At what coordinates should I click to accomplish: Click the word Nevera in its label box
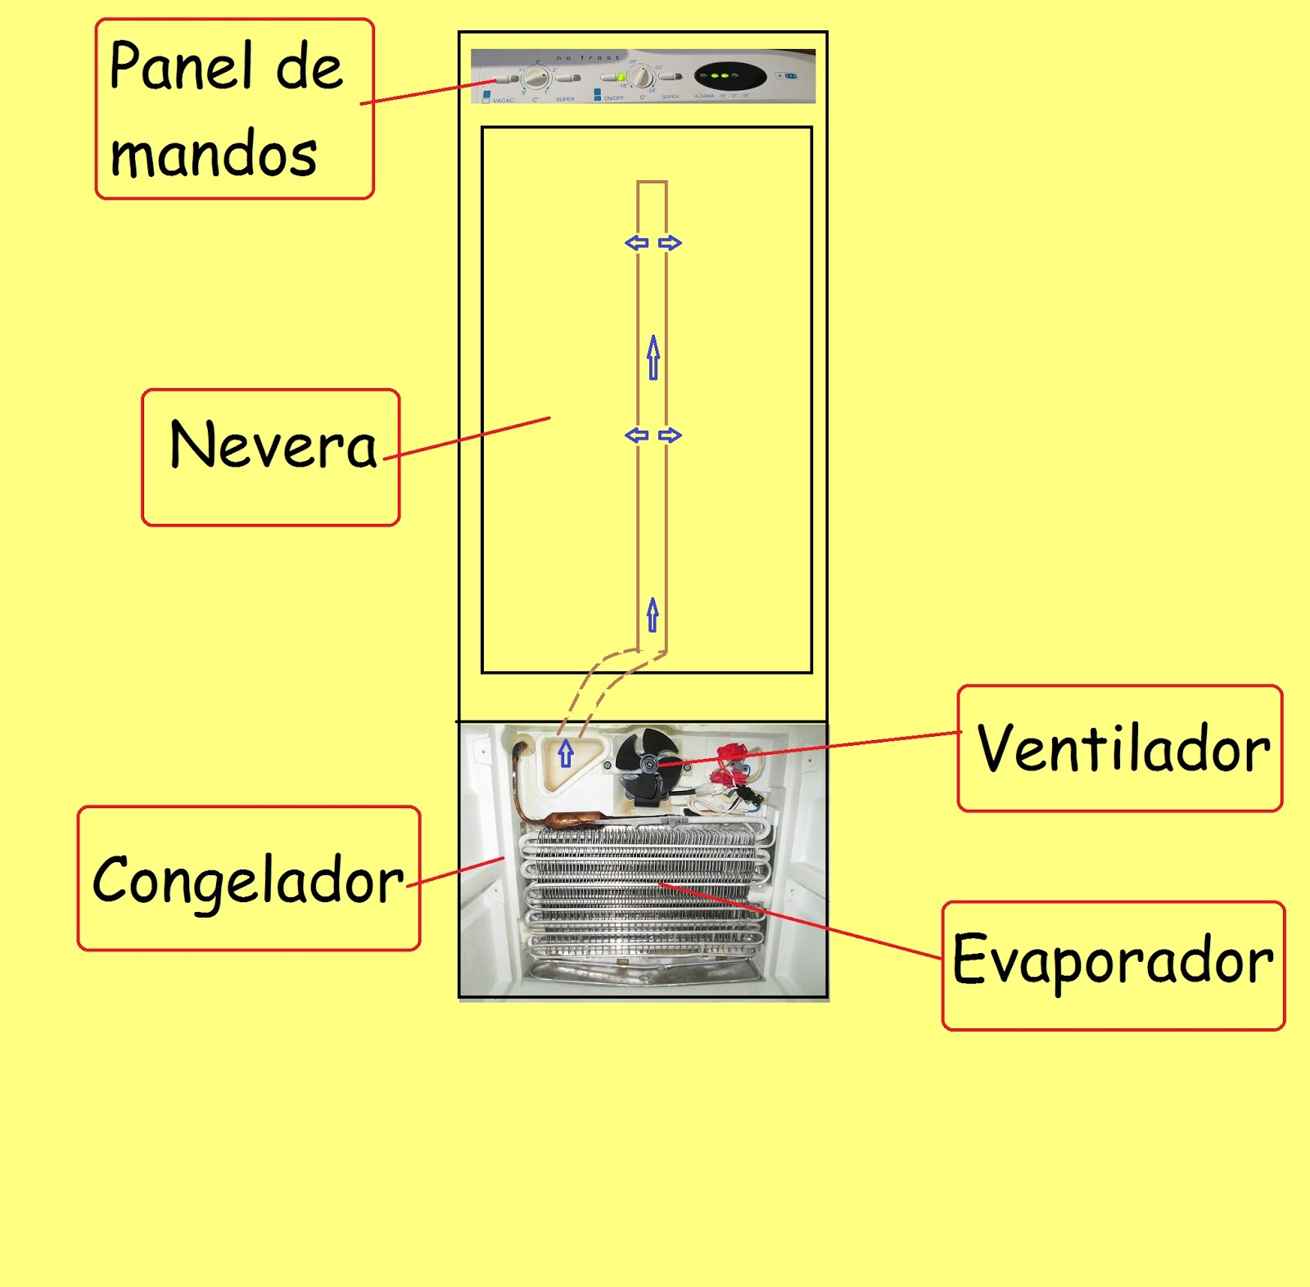tap(273, 445)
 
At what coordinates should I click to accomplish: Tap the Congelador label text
tap(248, 881)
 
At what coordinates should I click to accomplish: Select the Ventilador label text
tap(1123, 749)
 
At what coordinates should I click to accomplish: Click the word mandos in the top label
tap(213, 154)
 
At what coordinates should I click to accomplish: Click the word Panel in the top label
tap(180, 66)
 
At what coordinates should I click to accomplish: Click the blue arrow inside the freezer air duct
tap(566, 753)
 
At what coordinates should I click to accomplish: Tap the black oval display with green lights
tap(730, 77)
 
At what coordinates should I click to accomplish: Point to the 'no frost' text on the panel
tap(588, 58)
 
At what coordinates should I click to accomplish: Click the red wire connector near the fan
tap(731, 753)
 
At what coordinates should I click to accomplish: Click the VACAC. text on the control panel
tap(504, 100)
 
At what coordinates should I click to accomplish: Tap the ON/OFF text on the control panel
tap(613, 98)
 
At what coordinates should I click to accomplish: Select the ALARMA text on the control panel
tap(704, 97)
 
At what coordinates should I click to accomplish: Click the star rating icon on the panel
tap(787, 76)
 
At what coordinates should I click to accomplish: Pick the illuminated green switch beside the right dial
tap(621, 78)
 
